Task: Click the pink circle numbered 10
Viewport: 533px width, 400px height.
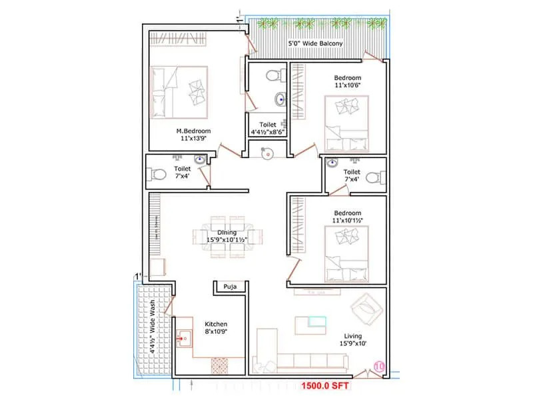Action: pos(379,365)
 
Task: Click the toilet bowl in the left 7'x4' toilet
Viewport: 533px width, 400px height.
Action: pos(157,175)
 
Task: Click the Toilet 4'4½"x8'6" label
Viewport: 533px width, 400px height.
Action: pos(266,128)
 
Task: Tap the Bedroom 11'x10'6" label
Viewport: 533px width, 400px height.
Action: pos(347,82)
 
